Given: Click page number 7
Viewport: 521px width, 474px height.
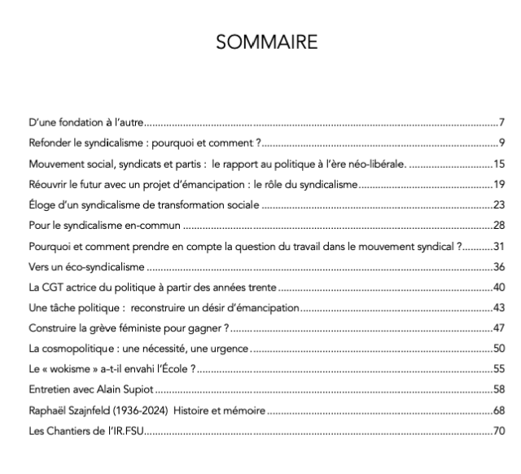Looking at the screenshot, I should pos(503,123).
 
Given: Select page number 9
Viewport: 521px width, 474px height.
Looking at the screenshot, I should pos(503,143).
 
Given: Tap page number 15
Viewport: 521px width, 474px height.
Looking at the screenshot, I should pos(500,164).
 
